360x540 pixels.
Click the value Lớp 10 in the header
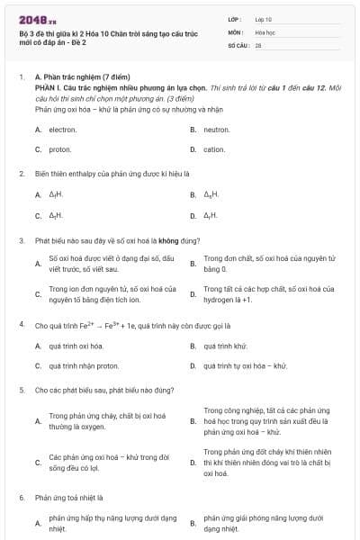264,18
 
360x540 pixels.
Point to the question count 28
258,44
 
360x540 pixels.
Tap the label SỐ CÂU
238,44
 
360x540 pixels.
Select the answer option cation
214,149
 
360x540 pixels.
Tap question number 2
22,173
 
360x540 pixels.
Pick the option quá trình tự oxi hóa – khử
245,366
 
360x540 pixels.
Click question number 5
22,391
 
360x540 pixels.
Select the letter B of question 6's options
193,523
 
